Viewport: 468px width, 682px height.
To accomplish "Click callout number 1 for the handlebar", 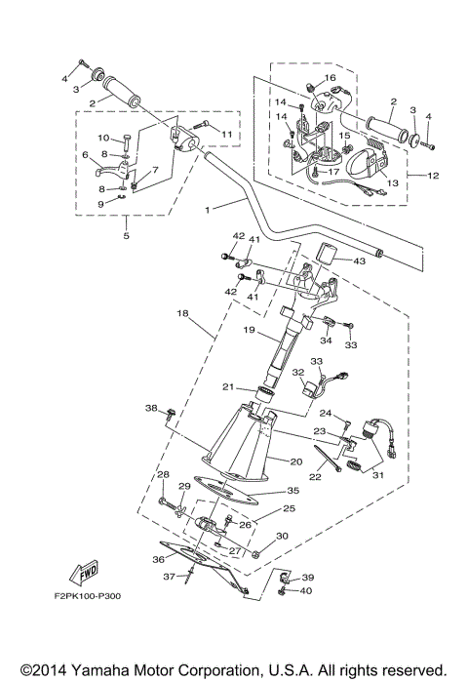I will [x=208, y=208].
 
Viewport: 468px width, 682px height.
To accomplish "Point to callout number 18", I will [x=182, y=313].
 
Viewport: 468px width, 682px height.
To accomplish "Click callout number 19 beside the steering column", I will [x=249, y=331].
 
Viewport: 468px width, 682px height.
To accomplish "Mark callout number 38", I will [x=151, y=408].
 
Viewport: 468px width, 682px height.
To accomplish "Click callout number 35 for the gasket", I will [x=292, y=491].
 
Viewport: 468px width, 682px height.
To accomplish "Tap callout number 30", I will [x=282, y=536].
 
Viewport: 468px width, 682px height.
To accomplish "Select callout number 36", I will [x=159, y=559].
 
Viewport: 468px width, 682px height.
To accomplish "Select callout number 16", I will [x=330, y=78].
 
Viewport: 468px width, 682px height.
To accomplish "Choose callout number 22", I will [x=316, y=477].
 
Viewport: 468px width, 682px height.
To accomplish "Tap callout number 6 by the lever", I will [x=84, y=154].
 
